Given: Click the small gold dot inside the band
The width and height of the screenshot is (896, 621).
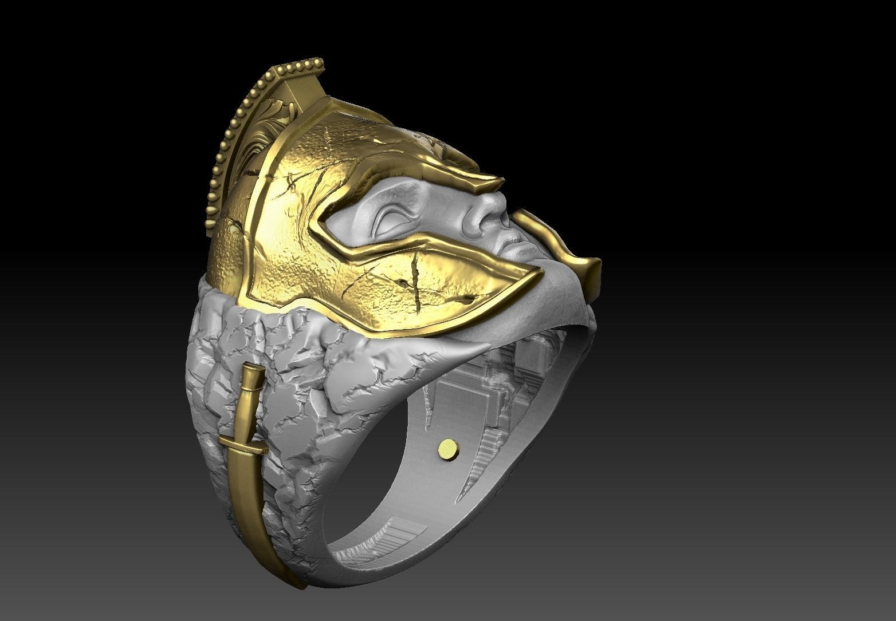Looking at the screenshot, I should (x=448, y=446).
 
